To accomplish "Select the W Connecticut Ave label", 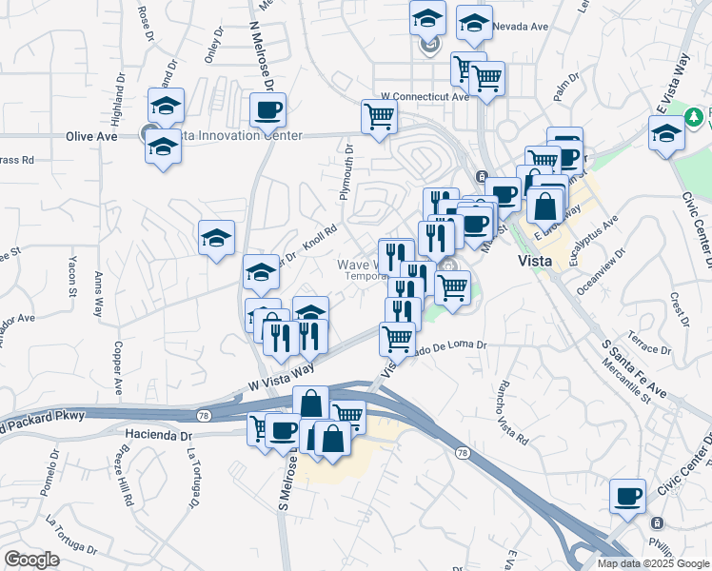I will pos(425,97).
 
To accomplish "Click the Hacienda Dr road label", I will pos(159,434).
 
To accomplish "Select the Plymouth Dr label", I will pos(347,172).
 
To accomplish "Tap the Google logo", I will pos(31,561).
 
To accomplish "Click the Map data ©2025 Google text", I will pos(653,562).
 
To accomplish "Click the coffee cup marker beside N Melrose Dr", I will pos(267,110).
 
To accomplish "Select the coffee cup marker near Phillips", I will pos(628,496).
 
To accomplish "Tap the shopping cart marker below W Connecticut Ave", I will pos(379,117).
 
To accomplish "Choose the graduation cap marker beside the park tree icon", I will pos(666,133).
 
